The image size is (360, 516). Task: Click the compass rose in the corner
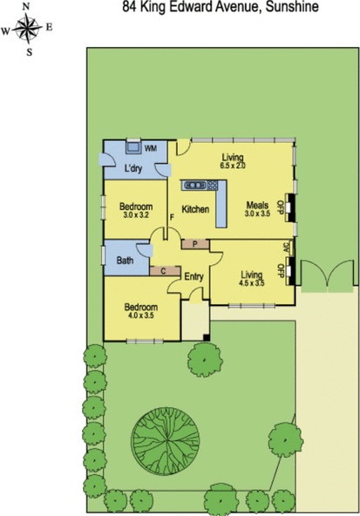coord(28,29)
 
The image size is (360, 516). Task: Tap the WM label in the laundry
coord(151,148)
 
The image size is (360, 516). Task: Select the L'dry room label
coord(133,168)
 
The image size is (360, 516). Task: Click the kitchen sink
coord(194,186)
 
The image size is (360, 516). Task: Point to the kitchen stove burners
coord(213,186)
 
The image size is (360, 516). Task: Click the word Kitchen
coord(195,209)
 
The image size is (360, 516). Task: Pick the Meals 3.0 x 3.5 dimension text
coord(257,214)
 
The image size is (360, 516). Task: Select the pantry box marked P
coord(195,244)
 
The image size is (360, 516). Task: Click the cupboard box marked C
coord(165,271)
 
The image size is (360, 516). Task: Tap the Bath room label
coord(125,261)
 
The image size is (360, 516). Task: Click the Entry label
coord(194,277)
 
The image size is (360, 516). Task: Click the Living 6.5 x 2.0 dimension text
coord(233,166)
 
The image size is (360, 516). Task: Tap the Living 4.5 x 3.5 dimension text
coord(252,282)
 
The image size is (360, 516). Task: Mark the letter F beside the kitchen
coord(172,217)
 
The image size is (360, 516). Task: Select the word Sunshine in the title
coord(292,7)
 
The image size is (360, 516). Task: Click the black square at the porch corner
coord(207,337)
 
